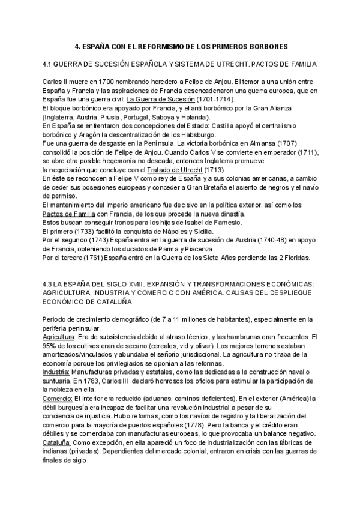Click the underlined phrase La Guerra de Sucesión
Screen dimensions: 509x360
pyautogui.click(x=161, y=98)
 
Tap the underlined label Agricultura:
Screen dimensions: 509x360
pyautogui.click(x=59, y=337)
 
